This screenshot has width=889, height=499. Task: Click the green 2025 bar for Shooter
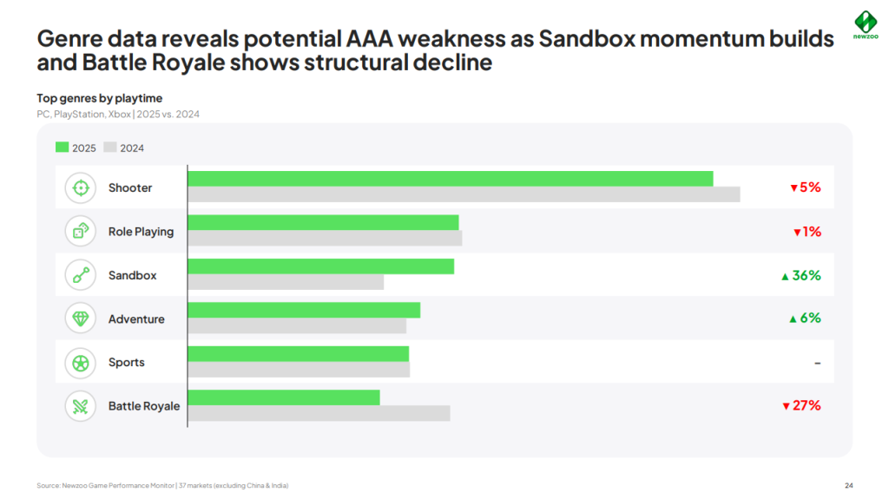pyautogui.click(x=450, y=179)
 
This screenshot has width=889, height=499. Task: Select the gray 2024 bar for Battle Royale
pyautogui.click(x=319, y=413)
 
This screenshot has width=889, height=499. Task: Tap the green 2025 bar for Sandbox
pyautogui.click(x=320, y=266)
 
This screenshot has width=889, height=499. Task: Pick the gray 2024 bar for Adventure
pyautogui.click(x=297, y=325)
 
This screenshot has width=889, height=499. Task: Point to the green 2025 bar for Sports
pyautogui.click(x=298, y=353)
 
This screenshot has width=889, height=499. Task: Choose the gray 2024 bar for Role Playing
pyautogui.click(x=325, y=238)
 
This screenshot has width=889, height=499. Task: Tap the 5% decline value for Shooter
pyautogui.click(x=805, y=187)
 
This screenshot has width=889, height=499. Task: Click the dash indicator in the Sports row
pyautogui.click(x=817, y=363)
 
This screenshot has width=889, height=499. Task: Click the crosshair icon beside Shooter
pyautogui.click(x=81, y=187)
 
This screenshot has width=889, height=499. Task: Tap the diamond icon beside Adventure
pyautogui.click(x=81, y=318)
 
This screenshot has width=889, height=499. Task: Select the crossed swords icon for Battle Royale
pyautogui.click(x=81, y=406)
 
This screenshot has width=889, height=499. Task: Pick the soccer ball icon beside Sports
pyautogui.click(x=81, y=363)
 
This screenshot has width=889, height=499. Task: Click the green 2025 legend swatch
pyautogui.click(x=62, y=148)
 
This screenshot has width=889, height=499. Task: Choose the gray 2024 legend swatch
pyautogui.click(x=109, y=148)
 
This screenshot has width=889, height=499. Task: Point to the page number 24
pyautogui.click(x=848, y=485)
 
